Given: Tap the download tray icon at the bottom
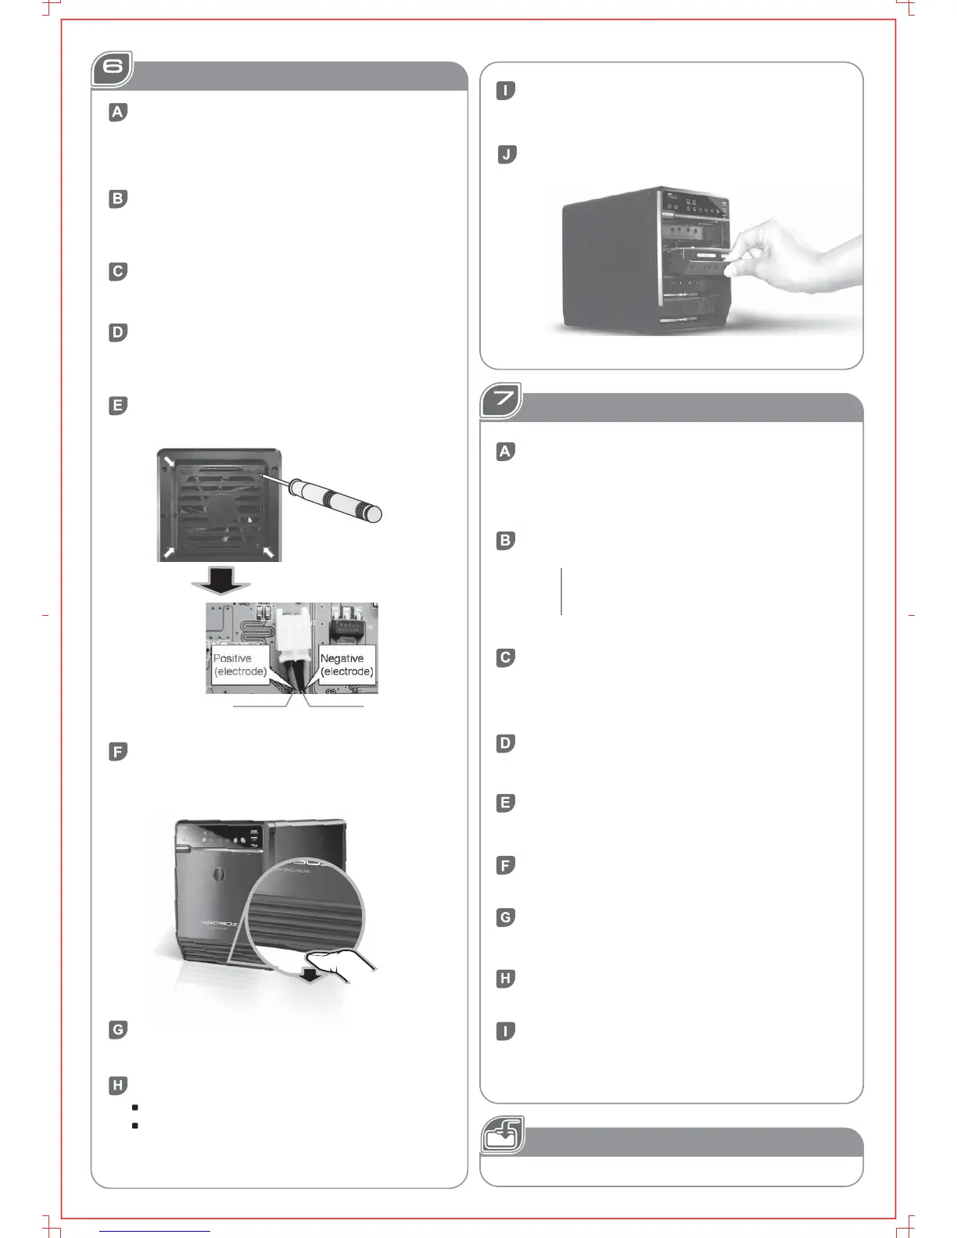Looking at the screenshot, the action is [x=502, y=1135].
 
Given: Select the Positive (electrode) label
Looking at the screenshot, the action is [x=240, y=665].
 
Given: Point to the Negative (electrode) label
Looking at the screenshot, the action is [x=347, y=665].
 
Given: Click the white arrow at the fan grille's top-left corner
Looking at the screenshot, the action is [x=169, y=460].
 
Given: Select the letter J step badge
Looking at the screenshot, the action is [x=507, y=155].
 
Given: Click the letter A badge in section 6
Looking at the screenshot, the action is [x=117, y=113].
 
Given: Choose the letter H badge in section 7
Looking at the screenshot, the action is [x=506, y=979].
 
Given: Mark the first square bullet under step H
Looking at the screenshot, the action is [x=135, y=1107].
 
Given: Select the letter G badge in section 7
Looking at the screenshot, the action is [x=506, y=918].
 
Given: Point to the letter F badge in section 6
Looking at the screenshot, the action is [x=117, y=752].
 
